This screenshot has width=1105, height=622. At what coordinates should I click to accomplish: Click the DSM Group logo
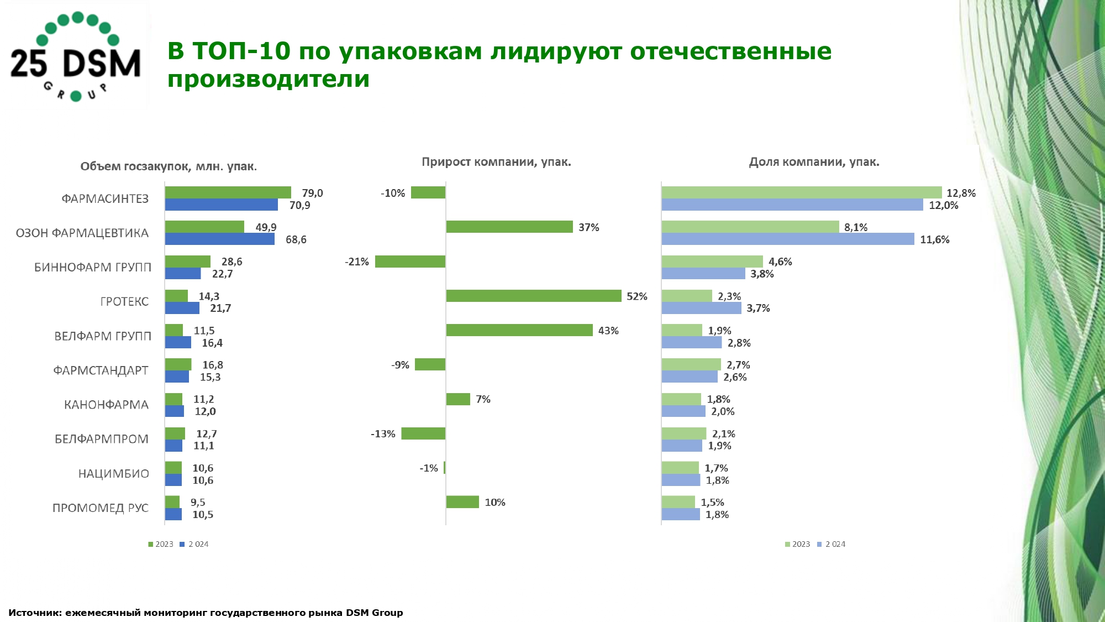point(76,56)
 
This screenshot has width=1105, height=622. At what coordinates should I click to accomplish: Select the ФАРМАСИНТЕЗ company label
point(105,199)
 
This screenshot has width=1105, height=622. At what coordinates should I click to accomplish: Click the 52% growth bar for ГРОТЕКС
point(534,296)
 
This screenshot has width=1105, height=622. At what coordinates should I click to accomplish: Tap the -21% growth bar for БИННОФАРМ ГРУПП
point(410,262)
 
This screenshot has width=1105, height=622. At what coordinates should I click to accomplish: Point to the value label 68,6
point(296,239)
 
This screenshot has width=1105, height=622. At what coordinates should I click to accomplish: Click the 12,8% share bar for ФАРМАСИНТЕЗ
point(802,192)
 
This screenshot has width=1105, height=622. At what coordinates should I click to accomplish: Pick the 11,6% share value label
point(935,239)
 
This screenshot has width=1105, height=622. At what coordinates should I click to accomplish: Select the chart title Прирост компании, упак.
point(496,162)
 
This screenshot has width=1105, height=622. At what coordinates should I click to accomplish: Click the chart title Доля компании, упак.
point(814,162)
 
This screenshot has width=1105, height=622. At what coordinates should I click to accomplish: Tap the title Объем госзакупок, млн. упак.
point(169,166)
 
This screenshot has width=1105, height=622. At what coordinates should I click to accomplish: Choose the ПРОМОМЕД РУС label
point(101,508)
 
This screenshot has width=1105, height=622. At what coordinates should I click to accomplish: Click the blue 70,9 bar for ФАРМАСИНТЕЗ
point(222,205)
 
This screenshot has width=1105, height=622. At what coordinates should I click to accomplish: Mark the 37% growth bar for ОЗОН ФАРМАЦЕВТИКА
point(509,227)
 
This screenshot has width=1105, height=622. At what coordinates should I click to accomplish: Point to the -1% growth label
point(429,468)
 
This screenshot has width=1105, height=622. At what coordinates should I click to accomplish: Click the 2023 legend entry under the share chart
point(797,544)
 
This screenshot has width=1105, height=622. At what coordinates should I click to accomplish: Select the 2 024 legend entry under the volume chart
point(194,544)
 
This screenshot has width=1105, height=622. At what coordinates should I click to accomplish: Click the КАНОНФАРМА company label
point(106,405)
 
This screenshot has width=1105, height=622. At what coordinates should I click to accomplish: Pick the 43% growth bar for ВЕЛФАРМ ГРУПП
point(519,330)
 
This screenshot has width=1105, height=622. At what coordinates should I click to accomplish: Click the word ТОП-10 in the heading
point(241,51)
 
